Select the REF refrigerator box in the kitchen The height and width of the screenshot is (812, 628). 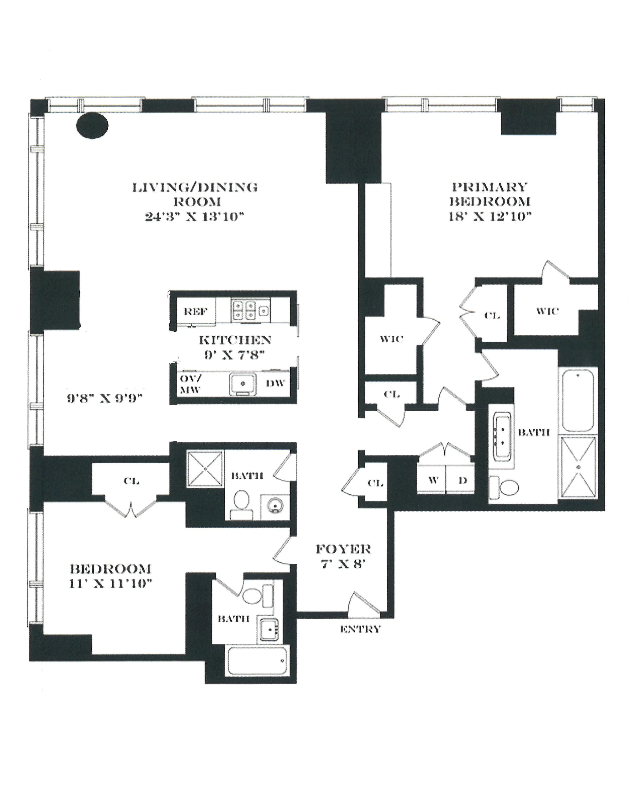click(195, 311)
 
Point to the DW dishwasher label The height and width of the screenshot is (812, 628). click(275, 383)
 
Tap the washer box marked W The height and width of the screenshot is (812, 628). click(432, 480)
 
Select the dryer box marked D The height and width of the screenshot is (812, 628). click(462, 480)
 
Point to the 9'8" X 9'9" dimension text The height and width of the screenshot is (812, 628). click(105, 399)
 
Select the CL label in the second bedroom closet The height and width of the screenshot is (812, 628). click(131, 481)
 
